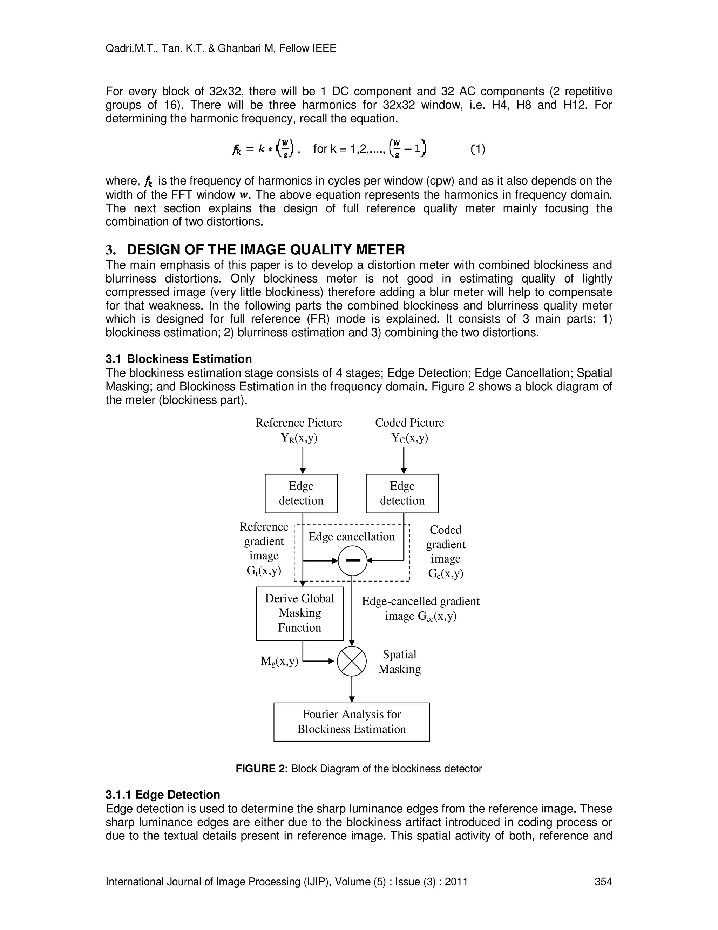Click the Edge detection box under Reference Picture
tap(301, 493)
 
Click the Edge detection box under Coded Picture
tap(402, 493)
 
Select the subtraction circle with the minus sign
tap(352, 560)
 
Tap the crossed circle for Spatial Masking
tap(352, 661)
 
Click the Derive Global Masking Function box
tap(299, 613)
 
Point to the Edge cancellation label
tap(351, 537)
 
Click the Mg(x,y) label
tap(279, 661)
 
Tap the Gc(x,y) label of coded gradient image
tap(445, 573)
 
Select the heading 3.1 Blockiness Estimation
tap(179, 359)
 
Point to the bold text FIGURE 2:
tap(262, 769)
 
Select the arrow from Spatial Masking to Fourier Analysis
tap(352, 689)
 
